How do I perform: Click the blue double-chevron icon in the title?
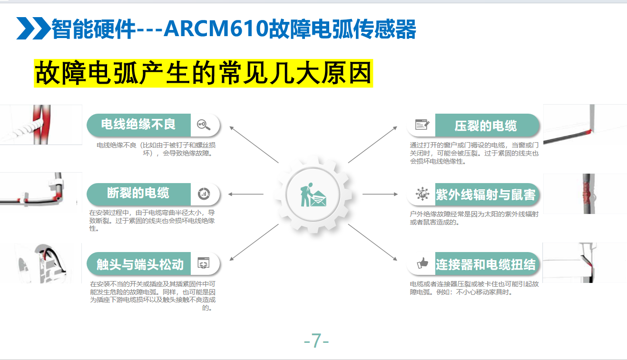tap(33, 28)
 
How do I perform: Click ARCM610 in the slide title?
tap(216, 29)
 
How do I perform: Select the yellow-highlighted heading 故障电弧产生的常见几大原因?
tap(204, 73)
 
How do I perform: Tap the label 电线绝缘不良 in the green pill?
tap(138, 124)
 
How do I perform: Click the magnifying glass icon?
tap(204, 125)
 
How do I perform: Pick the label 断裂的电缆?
tap(138, 193)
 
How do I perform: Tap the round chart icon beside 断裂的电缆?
tap(204, 194)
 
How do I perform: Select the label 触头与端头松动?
tap(140, 264)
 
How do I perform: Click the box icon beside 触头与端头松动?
tap(204, 263)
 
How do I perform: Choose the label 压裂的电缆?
tap(486, 126)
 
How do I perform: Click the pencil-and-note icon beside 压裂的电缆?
tap(422, 125)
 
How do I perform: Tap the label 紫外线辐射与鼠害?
tap(486, 195)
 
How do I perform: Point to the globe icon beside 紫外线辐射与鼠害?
tap(422, 194)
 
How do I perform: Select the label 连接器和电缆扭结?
tap(486, 264)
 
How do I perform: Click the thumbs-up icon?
tap(422, 263)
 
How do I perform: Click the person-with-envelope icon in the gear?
tap(313, 195)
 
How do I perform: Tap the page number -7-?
tap(316, 341)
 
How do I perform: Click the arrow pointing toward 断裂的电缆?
tap(246, 194)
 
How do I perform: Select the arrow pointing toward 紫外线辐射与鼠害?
tap(380, 194)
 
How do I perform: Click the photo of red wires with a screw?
tap(41, 125)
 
